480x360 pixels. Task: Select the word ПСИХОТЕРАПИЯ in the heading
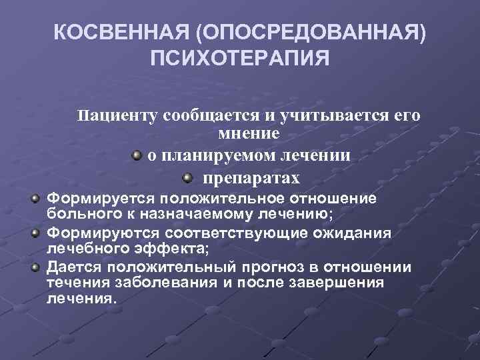click(x=240, y=60)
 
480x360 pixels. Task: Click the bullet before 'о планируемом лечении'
click(x=136, y=155)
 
